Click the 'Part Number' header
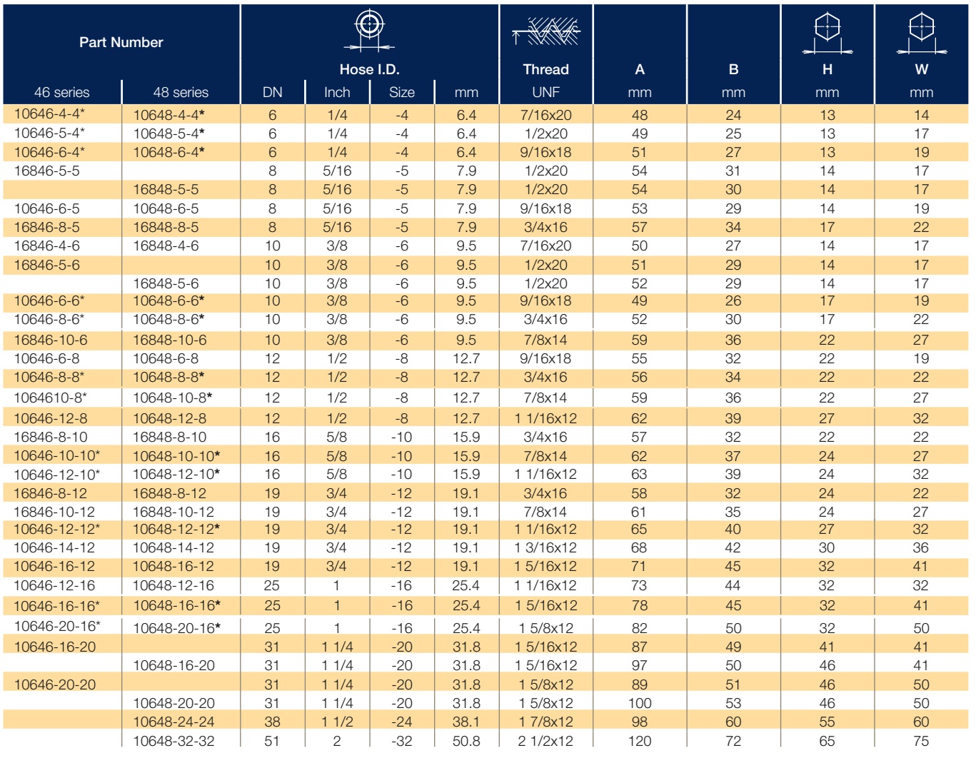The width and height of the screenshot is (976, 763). point(121,42)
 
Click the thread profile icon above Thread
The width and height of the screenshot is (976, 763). point(545,31)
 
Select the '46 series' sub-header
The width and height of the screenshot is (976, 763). point(62,93)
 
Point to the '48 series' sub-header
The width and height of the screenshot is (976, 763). point(181,93)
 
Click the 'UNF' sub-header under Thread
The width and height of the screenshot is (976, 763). point(545,93)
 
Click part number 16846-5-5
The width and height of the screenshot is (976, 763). point(46,171)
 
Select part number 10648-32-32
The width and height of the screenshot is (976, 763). point(173,741)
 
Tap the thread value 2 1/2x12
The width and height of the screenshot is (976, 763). point(545,741)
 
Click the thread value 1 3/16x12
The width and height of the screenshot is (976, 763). point(545,547)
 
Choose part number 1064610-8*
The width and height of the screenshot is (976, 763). point(50,398)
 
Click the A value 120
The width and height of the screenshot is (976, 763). point(640,741)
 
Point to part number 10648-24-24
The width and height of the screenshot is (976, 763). point(173,722)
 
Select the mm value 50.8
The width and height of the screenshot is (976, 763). point(466,741)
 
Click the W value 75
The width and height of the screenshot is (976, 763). point(921,741)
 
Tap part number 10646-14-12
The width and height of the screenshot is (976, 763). point(54,547)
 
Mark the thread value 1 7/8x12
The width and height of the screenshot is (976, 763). point(545,722)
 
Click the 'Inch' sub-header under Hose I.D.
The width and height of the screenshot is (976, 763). point(337,93)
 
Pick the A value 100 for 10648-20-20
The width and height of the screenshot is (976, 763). point(640,703)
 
